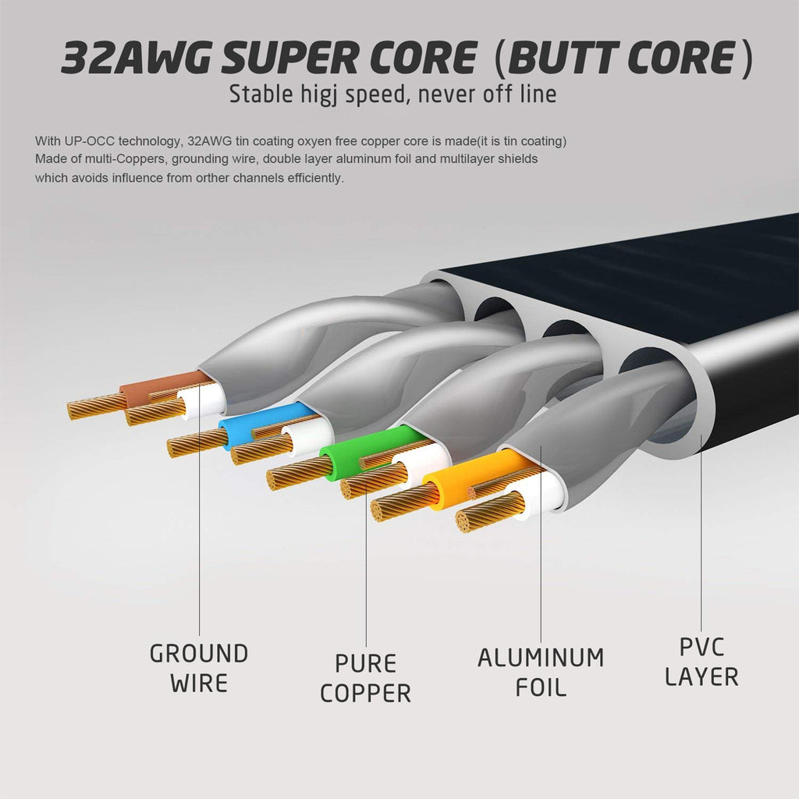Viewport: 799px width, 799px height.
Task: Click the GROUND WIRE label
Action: pyautogui.click(x=199, y=668)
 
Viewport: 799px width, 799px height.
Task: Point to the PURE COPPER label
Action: pyautogui.click(x=365, y=678)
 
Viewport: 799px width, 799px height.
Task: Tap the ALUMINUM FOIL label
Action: pyautogui.click(x=541, y=672)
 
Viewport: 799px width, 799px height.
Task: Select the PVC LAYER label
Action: pyautogui.click(x=701, y=662)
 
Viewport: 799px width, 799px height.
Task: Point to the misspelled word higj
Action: pyautogui.click(x=314, y=94)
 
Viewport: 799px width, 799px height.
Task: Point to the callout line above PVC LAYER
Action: pyautogui.click(x=701, y=546)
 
